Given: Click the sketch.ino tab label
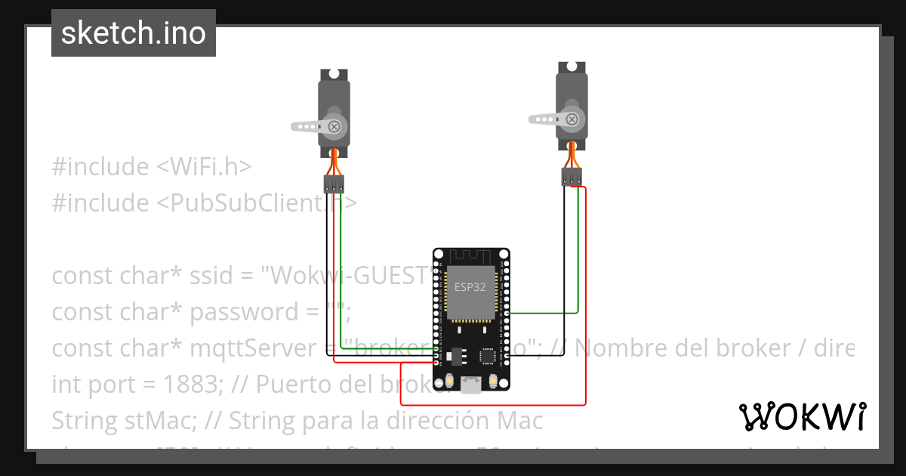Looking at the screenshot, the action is (x=134, y=33).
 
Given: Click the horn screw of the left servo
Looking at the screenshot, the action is (x=333, y=127).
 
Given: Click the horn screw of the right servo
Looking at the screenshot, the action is (x=572, y=119).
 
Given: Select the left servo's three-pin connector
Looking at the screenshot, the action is (x=334, y=183).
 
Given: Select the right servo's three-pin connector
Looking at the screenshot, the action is (x=572, y=177).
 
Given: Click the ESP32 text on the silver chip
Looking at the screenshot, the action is (x=470, y=286).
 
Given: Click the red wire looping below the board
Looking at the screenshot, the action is (x=528, y=405).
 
